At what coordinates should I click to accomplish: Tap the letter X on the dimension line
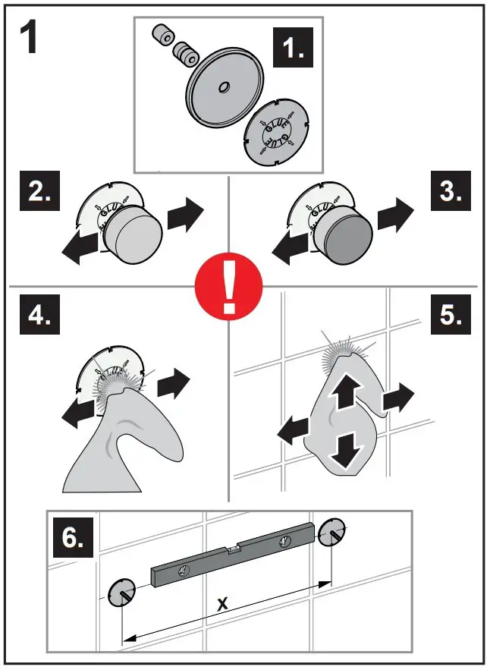[222, 604]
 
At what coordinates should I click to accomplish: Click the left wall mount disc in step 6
[121, 592]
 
